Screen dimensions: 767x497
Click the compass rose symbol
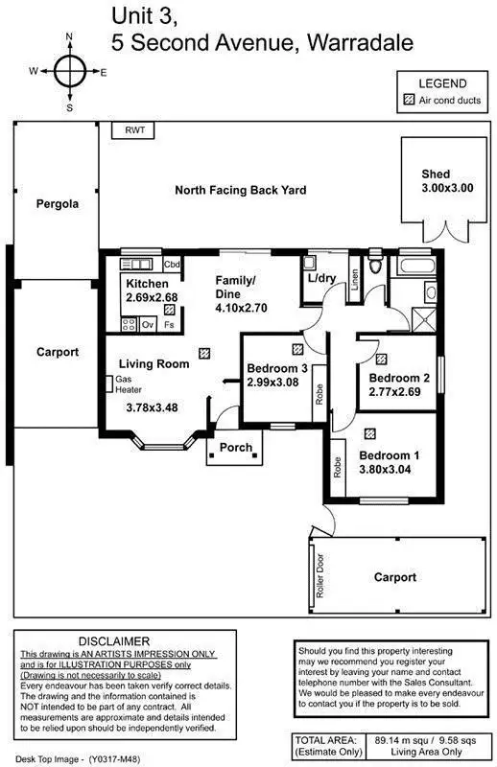click(x=69, y=71)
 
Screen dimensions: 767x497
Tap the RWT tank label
click(x=133, y=131)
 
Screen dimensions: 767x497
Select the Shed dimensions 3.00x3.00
click(x=447, y=188)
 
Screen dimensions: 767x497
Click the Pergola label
click(x=57, y=204)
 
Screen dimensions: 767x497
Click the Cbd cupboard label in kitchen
click(x=173, y=265)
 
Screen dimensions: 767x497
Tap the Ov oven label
click(x=148, y=326)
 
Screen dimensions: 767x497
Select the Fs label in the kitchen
click(x=169, y=326)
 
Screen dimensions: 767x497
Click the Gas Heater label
click(x=129, y=384)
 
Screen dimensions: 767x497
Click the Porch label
click(x=236, y=448)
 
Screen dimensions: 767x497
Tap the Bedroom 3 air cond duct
click(x=297, y=349)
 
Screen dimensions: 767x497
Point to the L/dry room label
click(x=321, y=279)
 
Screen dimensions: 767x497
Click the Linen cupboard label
click(x=354, y=280)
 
